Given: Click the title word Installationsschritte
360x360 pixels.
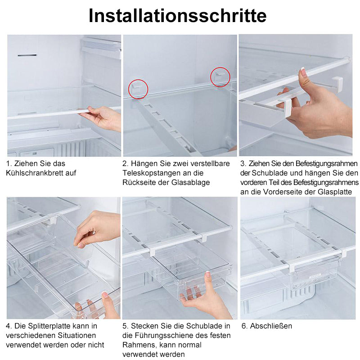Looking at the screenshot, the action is tap(177, 16).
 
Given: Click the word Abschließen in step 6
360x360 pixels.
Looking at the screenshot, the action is tap(271, 326).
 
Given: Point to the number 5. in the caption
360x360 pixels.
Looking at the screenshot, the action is tap(126, 326).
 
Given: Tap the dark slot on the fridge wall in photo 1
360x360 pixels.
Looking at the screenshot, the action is tap(27, 55).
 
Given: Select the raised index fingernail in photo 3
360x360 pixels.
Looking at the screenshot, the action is tap(304, 72).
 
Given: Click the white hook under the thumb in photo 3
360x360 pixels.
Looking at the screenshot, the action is tap(288, 108).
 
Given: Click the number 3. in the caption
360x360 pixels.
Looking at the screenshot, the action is tap(243, 164).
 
